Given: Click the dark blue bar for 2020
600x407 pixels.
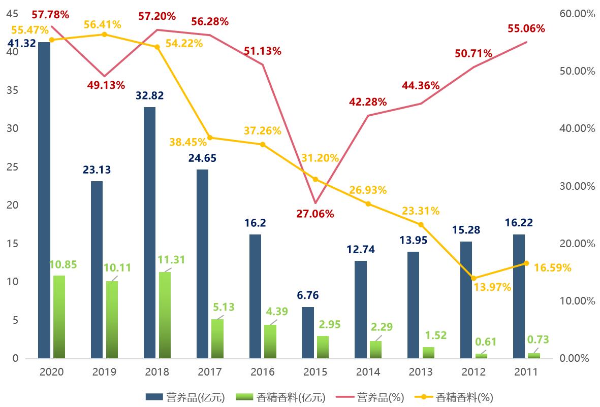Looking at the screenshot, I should tap(44, 200).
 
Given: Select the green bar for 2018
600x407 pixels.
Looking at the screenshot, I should tap(165, 315).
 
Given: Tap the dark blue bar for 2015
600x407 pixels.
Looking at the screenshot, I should tap(308, 332).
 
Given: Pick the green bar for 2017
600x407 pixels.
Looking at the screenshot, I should tap(217, 338).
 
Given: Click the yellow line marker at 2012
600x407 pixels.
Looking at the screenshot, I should tap(473, 278).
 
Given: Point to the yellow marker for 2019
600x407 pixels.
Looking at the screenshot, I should tap(104, 35).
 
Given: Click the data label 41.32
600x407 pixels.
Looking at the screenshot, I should tap(21, 43).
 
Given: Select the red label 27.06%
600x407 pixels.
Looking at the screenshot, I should tap(315, 214).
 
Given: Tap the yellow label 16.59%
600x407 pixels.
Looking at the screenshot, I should tap(552, 267).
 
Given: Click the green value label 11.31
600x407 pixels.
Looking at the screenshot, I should tap(171, 260).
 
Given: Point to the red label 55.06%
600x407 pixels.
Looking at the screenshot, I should tap(526, 28).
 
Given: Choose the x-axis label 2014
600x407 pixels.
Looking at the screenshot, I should tap(368, 372).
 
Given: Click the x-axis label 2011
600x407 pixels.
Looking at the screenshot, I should tap(526, 372).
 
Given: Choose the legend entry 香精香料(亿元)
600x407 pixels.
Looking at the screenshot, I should tap(291, 397).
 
